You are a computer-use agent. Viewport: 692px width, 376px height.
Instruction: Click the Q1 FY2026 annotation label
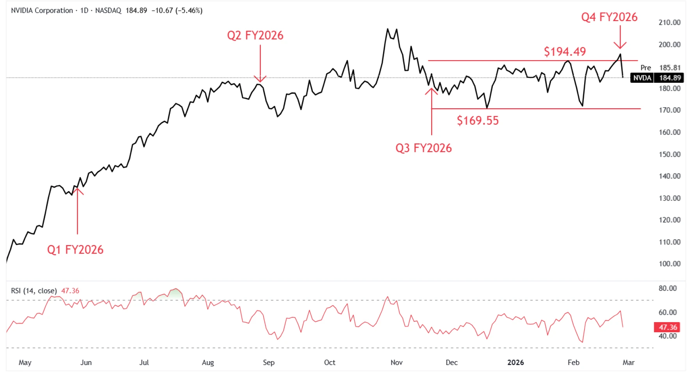coord(75,250)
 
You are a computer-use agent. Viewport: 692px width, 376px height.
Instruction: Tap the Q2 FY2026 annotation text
coord(255,36)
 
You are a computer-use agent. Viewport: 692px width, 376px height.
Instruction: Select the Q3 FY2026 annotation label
coord(423,148)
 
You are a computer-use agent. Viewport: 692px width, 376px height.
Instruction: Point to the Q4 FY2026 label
coord(609,17)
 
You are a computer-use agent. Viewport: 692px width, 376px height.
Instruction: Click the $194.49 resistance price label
coord(565,52)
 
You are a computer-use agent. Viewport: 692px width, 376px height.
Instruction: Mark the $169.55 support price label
coord(478,121)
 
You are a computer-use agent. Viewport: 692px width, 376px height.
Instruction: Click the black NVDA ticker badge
coord(642,78)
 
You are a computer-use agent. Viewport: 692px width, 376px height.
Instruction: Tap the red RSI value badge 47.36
coord(668,327)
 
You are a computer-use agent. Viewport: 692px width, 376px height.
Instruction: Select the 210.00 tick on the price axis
coord(669,23)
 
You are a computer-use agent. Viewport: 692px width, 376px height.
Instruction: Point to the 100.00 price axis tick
coord(669,264)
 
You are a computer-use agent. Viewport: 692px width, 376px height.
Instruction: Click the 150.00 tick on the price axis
coord(669,154)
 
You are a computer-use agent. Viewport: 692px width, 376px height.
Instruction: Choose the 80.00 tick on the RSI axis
coord(667,288)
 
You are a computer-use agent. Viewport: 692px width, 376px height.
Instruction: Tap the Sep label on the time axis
coord(269,362)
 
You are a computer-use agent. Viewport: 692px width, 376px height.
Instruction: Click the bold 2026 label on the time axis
coord(515,362)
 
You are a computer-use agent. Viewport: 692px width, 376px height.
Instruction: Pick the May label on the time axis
coord(25,362)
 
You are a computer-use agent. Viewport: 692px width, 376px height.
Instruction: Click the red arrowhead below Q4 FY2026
coord(620,45)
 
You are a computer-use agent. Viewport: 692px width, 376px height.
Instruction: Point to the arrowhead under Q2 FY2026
coord(260,79)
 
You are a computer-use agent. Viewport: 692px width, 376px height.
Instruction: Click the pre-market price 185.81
coord(670,68)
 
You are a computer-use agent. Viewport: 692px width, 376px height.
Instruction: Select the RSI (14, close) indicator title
coord(34,291)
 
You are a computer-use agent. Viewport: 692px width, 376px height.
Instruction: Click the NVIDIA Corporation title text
coord(42,11)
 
